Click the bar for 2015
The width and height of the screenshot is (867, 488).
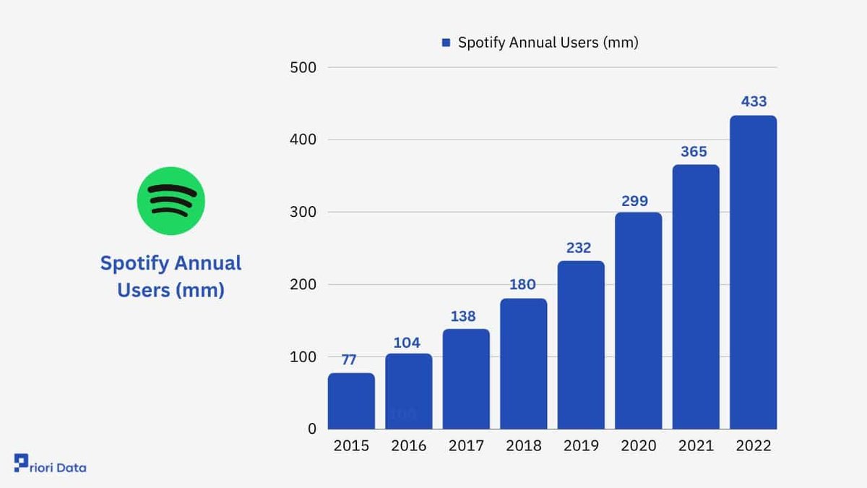click(x=351, y=401)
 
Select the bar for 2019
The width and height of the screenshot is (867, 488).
click(x=581, y=345)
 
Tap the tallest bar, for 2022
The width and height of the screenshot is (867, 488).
click(x=753, y=273)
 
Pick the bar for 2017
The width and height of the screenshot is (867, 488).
click(x=466, y=379)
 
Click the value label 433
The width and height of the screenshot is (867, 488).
click(x=754, y=102)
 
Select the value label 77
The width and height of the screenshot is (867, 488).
click(x=349, y=360)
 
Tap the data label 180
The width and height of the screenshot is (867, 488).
click(x=522, y=286)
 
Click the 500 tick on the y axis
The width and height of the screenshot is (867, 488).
click(x=303, y=68)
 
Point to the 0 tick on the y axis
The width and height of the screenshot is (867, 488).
click(x=311, y=429)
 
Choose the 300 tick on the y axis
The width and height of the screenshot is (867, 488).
click(x=303, y=213)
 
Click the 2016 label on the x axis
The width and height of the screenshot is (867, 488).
click(x=409, y=446)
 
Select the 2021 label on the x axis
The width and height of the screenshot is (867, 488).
click(x=696, y=446)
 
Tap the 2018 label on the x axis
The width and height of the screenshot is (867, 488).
click(x=524, y=446)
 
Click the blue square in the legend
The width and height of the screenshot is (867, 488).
click(x=446, y=43)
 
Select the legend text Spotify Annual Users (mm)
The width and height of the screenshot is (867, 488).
click(x=548, y=43)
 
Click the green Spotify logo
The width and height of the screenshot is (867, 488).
click(x=171, y=201)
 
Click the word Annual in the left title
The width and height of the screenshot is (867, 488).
click(x=207, y=263)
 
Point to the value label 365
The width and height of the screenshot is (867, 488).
click(x=694, y=152)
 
